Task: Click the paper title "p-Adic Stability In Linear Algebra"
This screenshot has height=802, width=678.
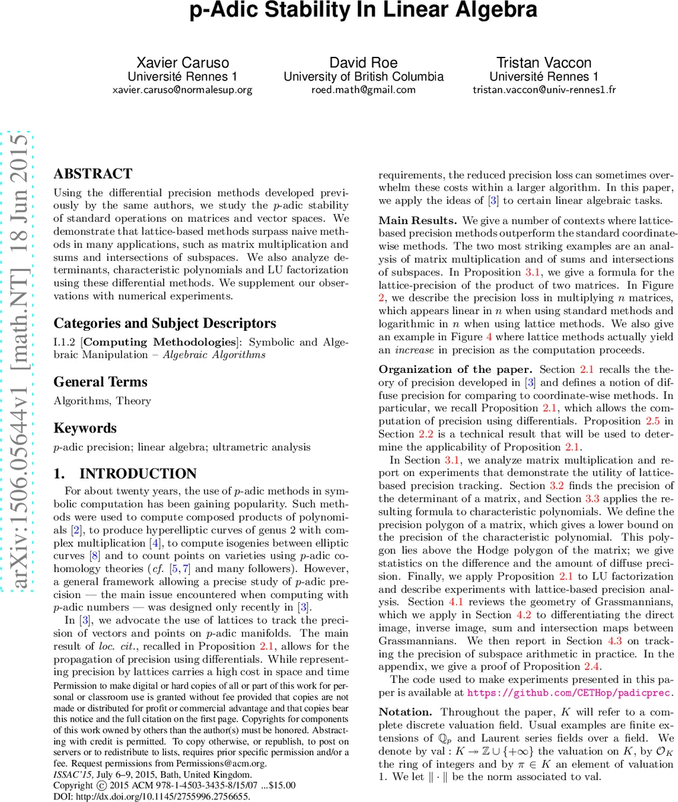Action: (363, 11)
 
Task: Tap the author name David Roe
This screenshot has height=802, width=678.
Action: (363, 63)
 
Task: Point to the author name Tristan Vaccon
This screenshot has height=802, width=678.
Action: (544, 63)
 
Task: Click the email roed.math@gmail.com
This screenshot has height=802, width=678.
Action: (363, 90)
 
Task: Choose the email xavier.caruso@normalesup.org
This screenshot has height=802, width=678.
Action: (182, 90)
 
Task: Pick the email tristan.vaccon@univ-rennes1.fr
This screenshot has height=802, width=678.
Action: (544, 90)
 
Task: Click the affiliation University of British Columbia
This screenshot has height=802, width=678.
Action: (363, 76)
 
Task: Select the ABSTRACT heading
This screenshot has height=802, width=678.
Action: (93, 174)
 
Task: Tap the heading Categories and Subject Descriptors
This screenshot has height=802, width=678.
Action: (164, 323)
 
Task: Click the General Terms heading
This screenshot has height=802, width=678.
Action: (100, 382)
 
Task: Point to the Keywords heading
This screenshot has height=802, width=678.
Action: (85, 428)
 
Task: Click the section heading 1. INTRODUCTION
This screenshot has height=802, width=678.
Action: (125, 474)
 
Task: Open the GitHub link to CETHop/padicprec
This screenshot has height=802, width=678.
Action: (570, 693)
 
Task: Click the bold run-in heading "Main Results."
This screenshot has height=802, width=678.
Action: (418, 221)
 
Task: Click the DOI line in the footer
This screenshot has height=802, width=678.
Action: (152, 797)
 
